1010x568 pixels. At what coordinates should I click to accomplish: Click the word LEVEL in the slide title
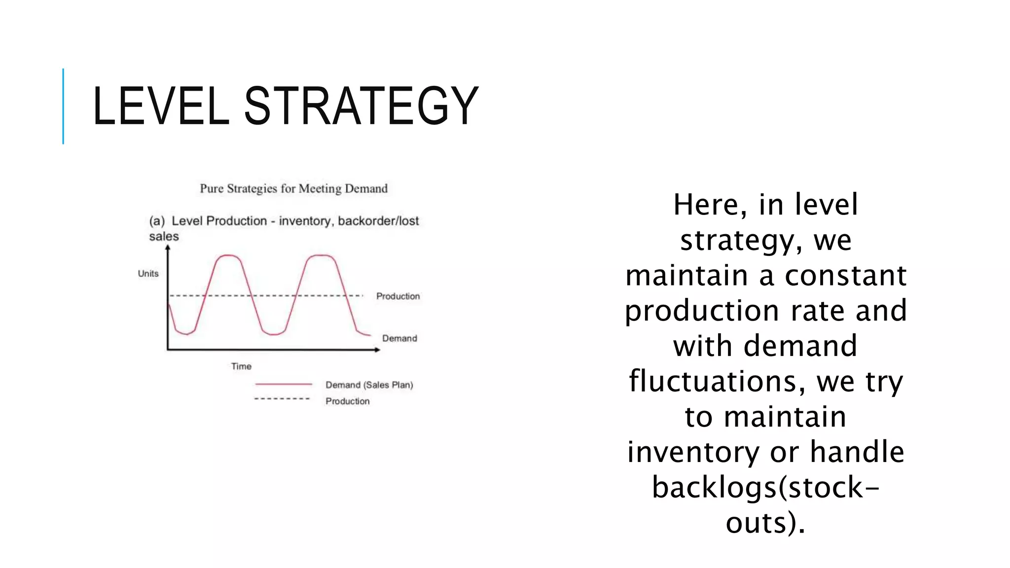coord(161,106)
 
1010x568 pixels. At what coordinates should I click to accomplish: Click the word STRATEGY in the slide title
coord(361,106)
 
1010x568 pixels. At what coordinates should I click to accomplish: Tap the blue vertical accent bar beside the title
coord(63,106)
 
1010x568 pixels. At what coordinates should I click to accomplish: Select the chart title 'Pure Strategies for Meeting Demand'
coord(293,189)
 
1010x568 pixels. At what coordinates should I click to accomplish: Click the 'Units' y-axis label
coord(148,274)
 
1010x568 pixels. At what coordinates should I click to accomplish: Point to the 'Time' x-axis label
coord(241,366)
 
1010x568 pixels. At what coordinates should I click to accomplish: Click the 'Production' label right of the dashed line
coord(397,296)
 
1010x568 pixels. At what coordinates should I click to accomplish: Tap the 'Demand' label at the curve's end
coord(399,338)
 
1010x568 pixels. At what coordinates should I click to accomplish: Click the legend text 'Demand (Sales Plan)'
coord(369,385)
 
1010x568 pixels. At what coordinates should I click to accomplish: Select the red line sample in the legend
coord(284,384)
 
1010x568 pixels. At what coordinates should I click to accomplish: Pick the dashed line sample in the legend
coord(282,398)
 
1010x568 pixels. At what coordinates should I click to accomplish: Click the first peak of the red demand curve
coord(228,255)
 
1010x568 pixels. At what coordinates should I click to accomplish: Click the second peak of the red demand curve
coord(321,255)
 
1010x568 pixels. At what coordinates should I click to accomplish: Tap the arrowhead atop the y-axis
coord(168,248)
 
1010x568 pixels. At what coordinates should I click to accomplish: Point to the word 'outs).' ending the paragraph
coord(765,523)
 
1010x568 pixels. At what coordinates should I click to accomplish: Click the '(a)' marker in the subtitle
coord(157,221)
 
